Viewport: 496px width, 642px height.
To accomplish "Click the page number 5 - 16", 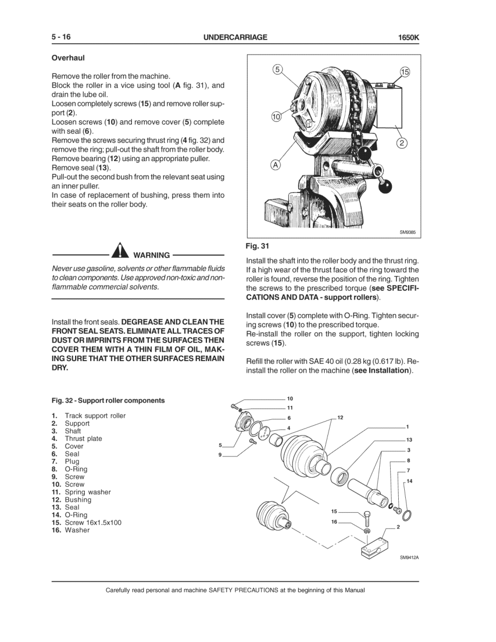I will (x=61, y=37).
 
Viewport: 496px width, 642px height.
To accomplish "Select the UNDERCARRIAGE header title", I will (x=235, y=38).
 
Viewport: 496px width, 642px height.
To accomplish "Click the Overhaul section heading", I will (x=68, y=57).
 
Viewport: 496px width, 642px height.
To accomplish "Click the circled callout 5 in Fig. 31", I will (x=277, y=69).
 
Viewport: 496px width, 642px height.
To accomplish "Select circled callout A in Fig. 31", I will (x=276, y=165).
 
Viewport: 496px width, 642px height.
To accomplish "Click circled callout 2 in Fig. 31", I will (x=401, y=143).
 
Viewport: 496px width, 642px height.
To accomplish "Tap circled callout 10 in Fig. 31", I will (x=276, y=116).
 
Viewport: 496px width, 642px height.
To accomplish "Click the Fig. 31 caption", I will (x=257, y=246).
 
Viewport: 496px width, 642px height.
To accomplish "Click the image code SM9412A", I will (x=409, y=558).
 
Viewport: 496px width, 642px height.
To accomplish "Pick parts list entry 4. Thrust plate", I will (x=77, y=439).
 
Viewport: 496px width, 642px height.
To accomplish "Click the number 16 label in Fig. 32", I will (x=334, y=522).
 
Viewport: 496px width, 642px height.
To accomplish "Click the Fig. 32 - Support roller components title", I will (x=108, y=400).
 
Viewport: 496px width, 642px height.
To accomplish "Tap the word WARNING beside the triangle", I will (x=151, y=255).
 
